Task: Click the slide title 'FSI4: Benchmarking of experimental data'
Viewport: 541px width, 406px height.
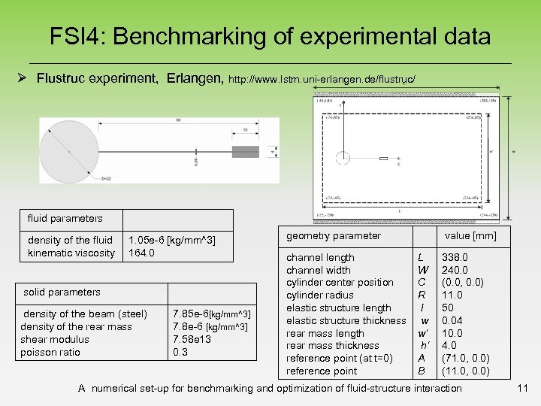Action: [270, 35]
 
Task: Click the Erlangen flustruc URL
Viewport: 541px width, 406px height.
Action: [322, 78]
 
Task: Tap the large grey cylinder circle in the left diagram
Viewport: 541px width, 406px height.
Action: [71, 151]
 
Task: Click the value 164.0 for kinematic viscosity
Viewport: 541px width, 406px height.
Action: [142, 253]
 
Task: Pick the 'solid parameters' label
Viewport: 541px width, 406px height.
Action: [62, 292]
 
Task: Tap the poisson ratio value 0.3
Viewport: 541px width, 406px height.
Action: [180, 352]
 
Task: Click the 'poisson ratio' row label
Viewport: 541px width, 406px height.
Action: [50, 352]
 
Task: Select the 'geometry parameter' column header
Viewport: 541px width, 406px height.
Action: [334, 236]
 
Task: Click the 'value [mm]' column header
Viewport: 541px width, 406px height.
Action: [470, 236]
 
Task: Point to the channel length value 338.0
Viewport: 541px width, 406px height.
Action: [455, 257]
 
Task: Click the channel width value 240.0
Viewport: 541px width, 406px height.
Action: [455, 270]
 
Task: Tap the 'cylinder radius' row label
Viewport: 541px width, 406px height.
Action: [319, 295]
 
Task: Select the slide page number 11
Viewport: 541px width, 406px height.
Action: [523, 389]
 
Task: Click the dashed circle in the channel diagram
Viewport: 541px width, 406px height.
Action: [343, 159]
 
